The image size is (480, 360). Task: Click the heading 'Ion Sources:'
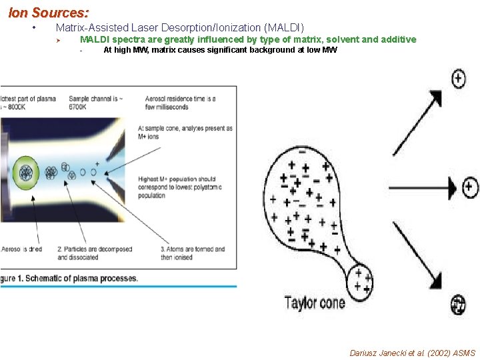pos(49,12)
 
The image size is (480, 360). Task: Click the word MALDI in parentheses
pos(284,27)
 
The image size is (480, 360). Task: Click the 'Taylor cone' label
pos(315,303)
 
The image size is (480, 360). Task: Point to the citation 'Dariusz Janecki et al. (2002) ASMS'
pos(413,353)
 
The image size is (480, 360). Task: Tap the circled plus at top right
pos(459,79)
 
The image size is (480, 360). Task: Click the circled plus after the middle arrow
pos(470,186)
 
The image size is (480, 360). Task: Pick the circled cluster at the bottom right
pos(458,305)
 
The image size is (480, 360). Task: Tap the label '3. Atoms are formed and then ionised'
pos(193,253)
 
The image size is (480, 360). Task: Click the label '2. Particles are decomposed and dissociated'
pos(95,253)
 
